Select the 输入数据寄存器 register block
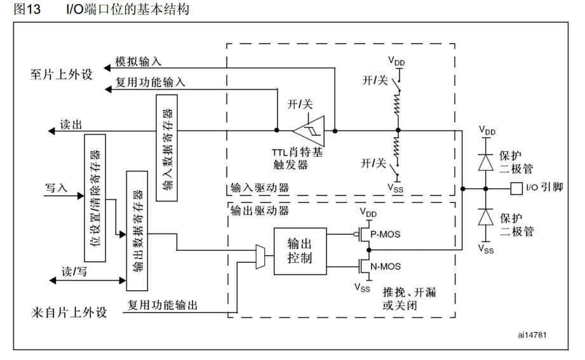tap(166, 147)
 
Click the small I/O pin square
tap(516, 188)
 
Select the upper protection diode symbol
tap(487, 161)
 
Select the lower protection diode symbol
tap(487, 218)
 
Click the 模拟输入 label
tap(138, 62)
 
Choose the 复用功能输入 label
tap(151, 82)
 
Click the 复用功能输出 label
tap(163, 305)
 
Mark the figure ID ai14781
tap(532, 335)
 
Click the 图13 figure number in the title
tap(27, 11)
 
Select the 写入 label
tap(56, 188)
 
